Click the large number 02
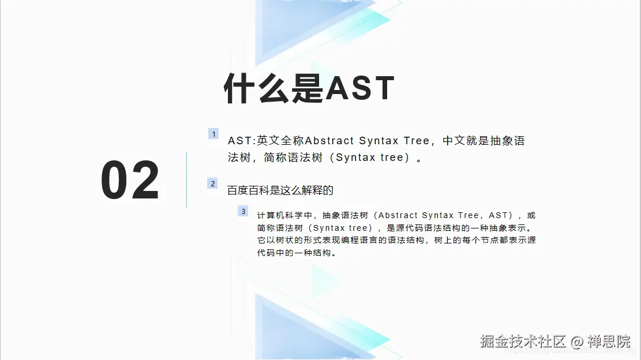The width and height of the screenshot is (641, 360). coord(130,181)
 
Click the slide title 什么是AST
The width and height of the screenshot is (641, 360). coord(309,89)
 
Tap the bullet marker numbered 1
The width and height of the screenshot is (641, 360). coord(213,134)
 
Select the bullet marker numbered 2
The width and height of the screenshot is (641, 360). coord(213,183)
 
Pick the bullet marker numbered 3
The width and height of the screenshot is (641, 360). coord(243,211)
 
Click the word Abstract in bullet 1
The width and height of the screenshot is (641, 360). coord(329,141)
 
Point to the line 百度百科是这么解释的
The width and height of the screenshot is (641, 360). coord(280,190)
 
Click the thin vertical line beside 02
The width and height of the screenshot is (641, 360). coord(186,179)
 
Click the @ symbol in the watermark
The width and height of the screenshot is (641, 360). coord(578,341)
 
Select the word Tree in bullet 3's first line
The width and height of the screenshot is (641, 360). coord(468,215)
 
